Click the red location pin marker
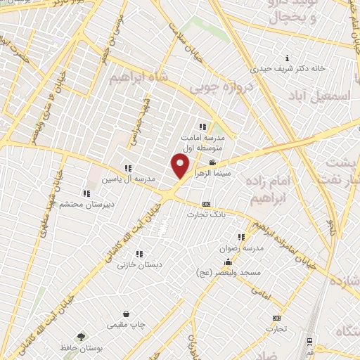181,167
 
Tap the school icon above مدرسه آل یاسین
127,168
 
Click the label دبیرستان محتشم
84,205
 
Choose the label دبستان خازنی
139,265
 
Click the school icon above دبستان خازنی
139,254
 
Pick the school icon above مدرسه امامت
202,127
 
